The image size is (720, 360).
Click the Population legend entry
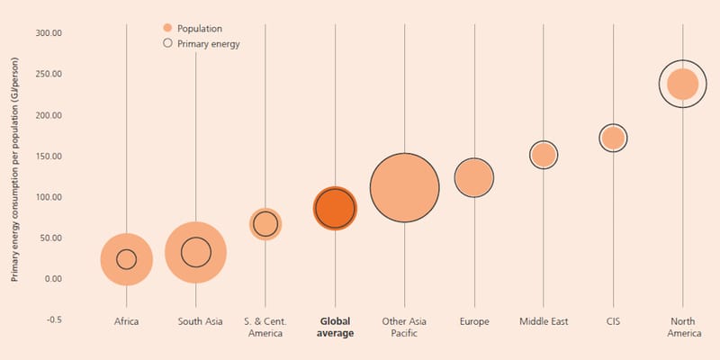[193, 29]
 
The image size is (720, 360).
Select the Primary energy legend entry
[202, 44]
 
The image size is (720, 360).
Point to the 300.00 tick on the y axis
[49, 33]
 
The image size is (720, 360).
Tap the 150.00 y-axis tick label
[49, 156]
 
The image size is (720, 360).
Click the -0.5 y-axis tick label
[54, 319]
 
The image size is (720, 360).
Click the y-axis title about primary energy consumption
[14, 169]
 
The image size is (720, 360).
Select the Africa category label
[126, 321]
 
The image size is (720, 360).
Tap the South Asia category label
[200, 321]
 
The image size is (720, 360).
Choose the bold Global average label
[335, 328]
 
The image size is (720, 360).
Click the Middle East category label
[544, 321]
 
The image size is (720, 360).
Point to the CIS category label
[613, 321]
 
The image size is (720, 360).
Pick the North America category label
[684, 328]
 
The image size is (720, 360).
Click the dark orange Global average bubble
[335, 208]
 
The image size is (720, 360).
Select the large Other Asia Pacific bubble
[404, 188]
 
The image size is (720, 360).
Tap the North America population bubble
[683, 84]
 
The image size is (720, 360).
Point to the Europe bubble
[474, 177]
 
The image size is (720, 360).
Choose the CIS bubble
[613, 138]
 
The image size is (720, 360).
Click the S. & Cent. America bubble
[265, 224]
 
